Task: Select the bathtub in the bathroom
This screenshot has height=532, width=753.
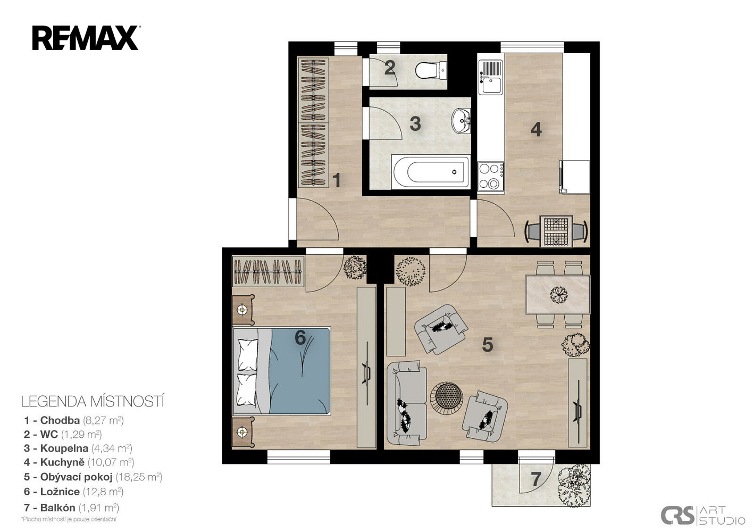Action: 430,172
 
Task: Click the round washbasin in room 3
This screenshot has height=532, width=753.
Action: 461,121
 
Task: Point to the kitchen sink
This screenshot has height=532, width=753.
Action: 491,77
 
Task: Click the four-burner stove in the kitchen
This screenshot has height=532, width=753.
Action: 491,176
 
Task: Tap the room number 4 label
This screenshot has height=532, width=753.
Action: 536,129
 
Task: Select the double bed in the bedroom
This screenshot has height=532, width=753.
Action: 282,371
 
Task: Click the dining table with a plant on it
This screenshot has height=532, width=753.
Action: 557,295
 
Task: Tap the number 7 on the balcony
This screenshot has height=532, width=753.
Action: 536,480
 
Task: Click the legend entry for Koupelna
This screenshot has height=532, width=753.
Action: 78,448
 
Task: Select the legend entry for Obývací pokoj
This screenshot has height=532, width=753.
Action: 93,477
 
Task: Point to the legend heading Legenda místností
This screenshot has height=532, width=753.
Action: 93,402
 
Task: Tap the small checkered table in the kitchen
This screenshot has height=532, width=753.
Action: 556,231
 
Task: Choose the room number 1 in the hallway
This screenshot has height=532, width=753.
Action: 336,180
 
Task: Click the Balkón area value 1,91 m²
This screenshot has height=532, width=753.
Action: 99,508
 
